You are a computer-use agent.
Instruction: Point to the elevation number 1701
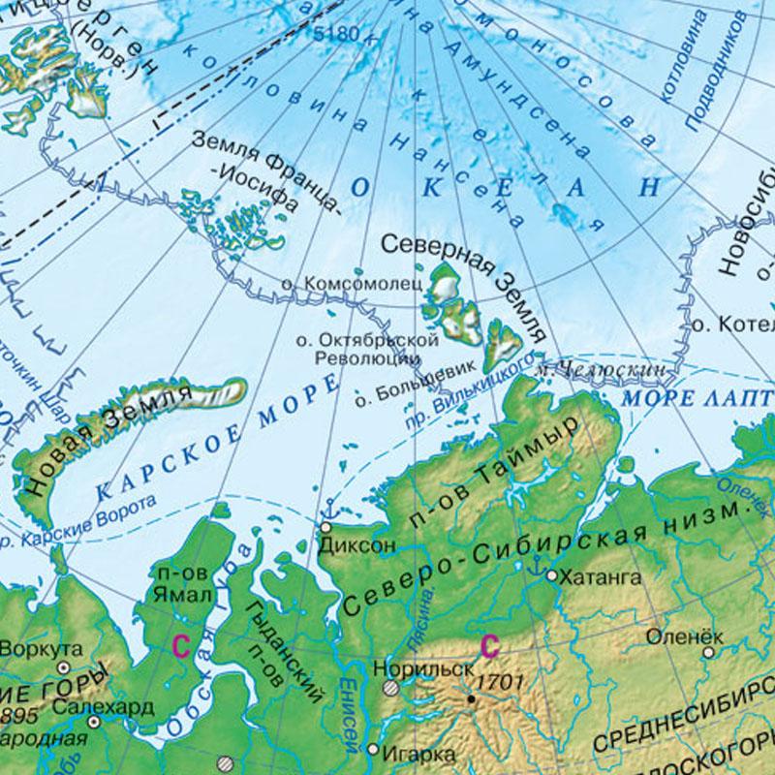click(501, 681)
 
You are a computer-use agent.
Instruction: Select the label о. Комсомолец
click(350, 284)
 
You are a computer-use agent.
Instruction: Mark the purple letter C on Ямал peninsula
click(179, 644)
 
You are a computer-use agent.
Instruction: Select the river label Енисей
click(348, 712)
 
